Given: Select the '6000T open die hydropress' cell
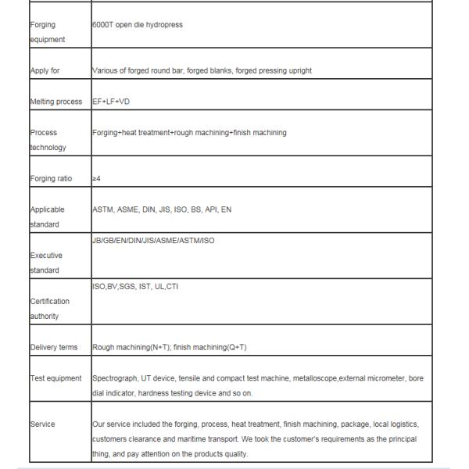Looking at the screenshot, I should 138,24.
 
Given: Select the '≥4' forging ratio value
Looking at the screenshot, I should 97,178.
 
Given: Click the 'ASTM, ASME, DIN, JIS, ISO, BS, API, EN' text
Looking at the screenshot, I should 162,209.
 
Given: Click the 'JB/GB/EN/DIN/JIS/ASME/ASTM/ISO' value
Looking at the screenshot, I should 153,240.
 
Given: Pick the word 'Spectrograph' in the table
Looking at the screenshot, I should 114,378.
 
